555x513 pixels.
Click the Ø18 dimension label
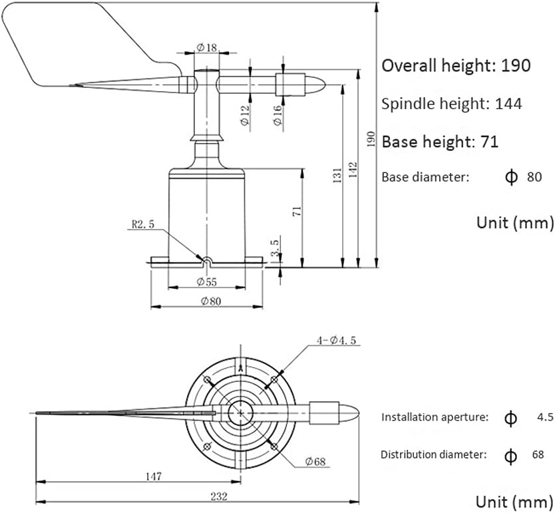pos(206,47)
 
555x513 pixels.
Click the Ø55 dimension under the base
pos(207,281)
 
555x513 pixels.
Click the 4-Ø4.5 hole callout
pos(337,340)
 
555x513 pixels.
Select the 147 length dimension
pos(154,477)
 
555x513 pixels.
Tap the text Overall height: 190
pos(456,65)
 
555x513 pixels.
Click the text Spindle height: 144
pos(451,103)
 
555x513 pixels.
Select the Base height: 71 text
pos(439,142)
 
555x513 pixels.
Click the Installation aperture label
pos(435,417)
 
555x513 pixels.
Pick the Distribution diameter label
pos(434,455)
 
